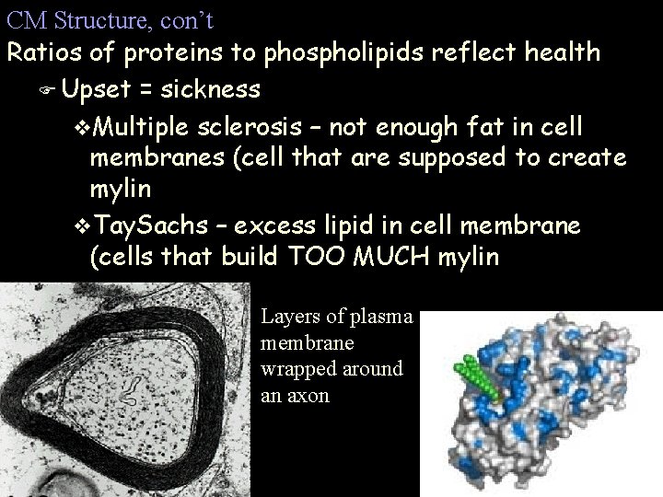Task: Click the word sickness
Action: (211, 90)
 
